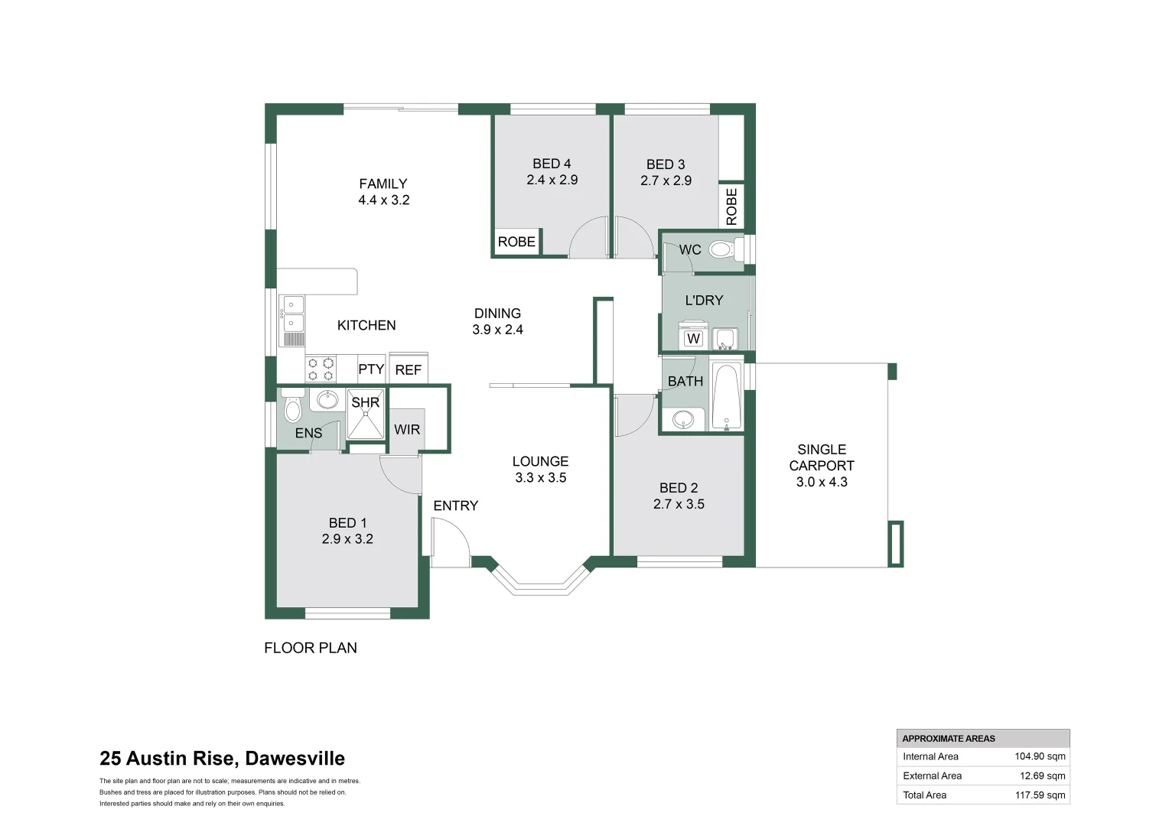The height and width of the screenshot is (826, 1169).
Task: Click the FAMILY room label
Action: (383, 184)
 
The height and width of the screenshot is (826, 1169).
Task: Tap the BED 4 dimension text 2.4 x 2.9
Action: (552, 180)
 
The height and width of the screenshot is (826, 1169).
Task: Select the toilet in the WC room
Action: (722, 249)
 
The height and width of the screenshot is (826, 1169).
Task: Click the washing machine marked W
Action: (693, 337)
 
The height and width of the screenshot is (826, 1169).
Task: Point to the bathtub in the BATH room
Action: (726, 396)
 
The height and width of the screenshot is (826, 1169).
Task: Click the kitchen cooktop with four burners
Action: (321, 369)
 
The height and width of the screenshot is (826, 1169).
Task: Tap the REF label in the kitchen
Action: (408, 370)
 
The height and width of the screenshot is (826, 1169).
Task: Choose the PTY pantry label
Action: (371, 369)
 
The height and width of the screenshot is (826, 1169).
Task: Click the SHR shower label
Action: (365, 402)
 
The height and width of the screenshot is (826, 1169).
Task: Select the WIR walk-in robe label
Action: (407, 430)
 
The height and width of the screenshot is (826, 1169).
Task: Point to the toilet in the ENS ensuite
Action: (292, 408)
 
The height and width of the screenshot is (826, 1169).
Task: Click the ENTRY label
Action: (455, 506)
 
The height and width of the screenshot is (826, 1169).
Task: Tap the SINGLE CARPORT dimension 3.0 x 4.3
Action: (822, 482)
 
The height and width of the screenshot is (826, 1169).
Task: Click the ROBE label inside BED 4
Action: (516, 242)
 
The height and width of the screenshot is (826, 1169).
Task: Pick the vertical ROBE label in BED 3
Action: (731, 206)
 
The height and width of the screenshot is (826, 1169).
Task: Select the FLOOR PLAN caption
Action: (311, 648)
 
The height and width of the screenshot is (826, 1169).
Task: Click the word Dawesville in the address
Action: (295, 759)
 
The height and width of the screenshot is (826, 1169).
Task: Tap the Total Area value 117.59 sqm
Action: (1040, 795)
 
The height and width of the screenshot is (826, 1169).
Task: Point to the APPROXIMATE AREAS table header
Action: (949, 739)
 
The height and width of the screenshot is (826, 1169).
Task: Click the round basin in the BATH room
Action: (683, 419)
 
